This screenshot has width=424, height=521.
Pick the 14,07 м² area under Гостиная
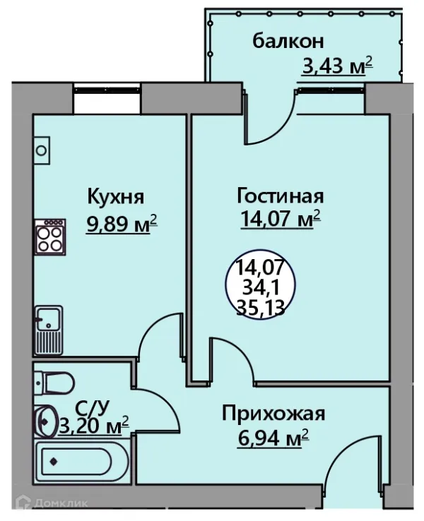278,220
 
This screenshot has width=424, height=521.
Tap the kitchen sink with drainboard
49,329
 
